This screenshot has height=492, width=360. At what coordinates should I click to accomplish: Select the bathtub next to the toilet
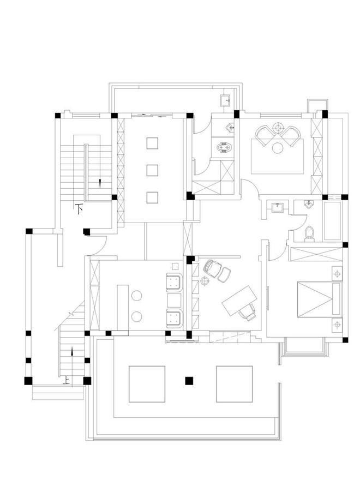[332, 221]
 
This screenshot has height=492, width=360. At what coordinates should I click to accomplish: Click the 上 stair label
[66, 381]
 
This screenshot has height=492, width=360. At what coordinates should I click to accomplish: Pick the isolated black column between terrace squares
[189, 381]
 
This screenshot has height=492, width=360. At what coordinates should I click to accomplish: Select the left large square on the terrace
[147, 384]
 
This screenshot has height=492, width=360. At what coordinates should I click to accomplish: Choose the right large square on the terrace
[234, 384]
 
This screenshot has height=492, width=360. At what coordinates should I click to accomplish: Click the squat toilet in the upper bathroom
[224, 147]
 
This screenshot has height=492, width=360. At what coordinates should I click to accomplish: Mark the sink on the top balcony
[226, 100]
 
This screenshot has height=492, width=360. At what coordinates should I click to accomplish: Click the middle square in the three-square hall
[152, 170]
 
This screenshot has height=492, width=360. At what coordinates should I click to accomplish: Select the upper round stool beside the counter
[136, 296]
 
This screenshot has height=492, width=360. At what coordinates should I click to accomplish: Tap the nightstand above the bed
[337, 274]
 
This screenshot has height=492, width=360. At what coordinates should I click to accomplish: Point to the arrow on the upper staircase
[100, 183]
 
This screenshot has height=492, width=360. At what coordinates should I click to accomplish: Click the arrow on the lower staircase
[72, 351]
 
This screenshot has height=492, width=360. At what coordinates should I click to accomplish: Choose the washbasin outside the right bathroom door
[278, 207]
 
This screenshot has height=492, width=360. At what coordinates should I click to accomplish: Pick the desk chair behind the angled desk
[248, 312]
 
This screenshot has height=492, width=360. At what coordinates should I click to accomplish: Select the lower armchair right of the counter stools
[174, 319]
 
